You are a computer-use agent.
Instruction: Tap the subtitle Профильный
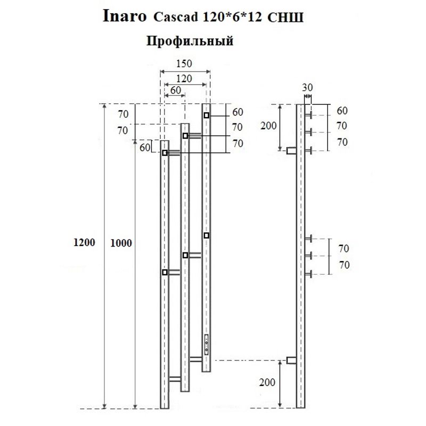coord(190,41)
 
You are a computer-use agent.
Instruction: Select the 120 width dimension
coord(184,79)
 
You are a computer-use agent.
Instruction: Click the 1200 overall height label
coord(85,242)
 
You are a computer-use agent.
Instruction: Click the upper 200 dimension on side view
coord(270,126)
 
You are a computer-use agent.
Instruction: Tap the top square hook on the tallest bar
coord(206,116)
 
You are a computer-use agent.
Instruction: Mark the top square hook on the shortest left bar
coord(165,153)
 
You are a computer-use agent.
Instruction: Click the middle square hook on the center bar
coord(185,256)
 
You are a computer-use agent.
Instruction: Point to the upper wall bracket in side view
coord(291,151)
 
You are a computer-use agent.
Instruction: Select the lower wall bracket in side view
coord(291,361)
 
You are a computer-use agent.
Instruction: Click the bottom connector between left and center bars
coord(175,379)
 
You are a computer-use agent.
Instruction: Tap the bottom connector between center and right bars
coord(195,357)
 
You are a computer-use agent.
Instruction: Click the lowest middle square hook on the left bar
coord(165,272)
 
